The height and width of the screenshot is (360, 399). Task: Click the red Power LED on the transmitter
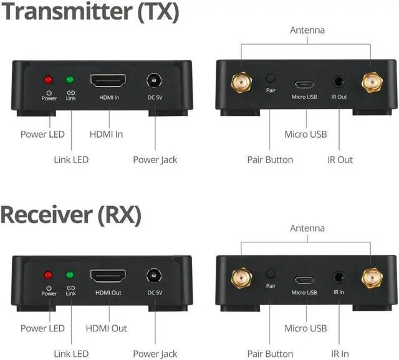[48, 80]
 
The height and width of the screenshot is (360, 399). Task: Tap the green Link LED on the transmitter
[70, 80]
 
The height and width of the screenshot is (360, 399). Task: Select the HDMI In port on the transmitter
[108, 81]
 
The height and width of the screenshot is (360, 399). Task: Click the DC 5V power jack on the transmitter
[153, 81]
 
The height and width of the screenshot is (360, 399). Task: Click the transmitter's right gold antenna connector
[372, 81]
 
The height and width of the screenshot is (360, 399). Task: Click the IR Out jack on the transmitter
[339, 82]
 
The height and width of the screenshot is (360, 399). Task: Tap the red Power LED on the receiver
[49, 275]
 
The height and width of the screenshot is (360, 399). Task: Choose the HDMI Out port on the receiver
[108, 276]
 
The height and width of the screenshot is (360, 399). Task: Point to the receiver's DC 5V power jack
[153, 276]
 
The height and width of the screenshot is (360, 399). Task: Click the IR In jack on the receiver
[339, 276]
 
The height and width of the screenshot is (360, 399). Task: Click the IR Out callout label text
[340, 159]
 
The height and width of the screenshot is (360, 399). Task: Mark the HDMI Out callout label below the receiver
[106, 328]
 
